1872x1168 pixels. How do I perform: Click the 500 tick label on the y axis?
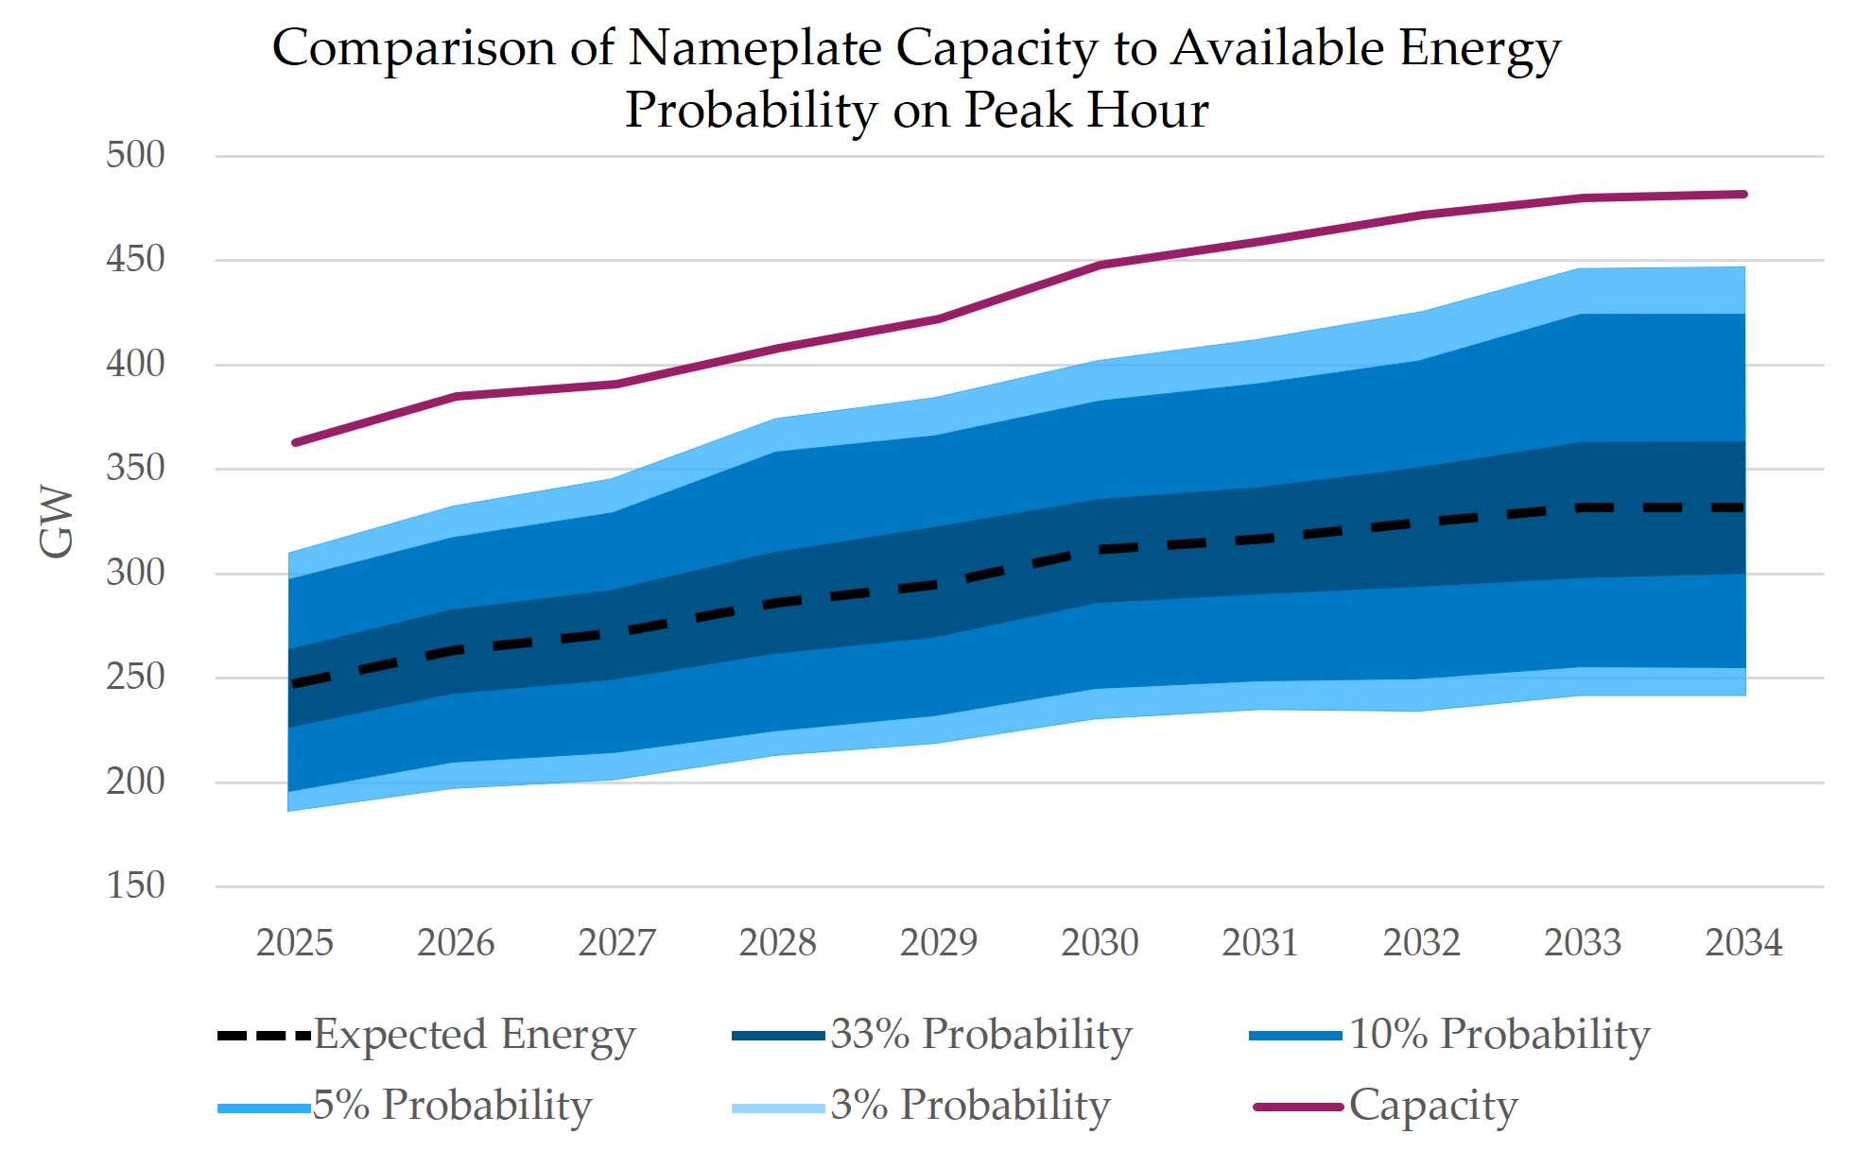pyautogui.click(x=135, y=155)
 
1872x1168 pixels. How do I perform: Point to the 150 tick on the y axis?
pyautogui.click(x=135, y=885)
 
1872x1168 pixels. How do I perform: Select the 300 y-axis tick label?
pyautogui.click(x=135, y=573)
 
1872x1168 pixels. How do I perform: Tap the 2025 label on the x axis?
pyautogui.click(x=295, y=942)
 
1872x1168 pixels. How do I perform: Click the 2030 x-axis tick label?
pyautogui.click(x=1100, y=942)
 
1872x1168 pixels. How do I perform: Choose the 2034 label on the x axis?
pyautogui.click(x=1743, y=942)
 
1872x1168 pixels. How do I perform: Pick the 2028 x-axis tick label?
pyautogui.click(x=777, y=942)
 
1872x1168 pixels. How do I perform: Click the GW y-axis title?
pyautogui.click(x=57, y=522)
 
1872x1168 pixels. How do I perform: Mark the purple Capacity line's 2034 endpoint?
pyautogui.click(x=1743, y=195)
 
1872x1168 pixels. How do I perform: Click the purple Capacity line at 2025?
pyautogui.click(x=296, y=442)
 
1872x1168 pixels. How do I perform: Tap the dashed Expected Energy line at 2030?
pyautogui.click(x=1100, y=549)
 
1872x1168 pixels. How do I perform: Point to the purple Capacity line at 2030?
pyautogui.click(x=1100, y=266)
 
